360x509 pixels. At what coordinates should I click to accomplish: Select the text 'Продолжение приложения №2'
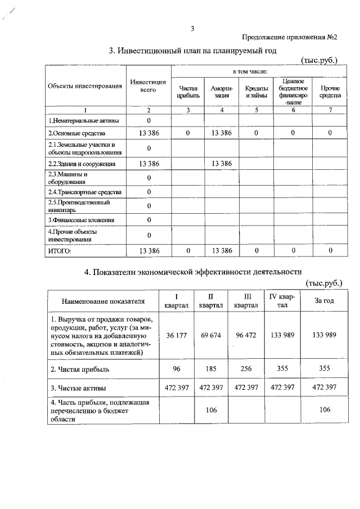click(x=289, y=38)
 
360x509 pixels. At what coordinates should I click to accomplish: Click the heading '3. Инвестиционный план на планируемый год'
click(x=193, y=51)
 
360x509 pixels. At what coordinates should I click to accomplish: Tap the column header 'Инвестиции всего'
click(x=148, y=86)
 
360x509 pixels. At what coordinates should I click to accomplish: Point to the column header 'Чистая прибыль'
click(x=188, y=92)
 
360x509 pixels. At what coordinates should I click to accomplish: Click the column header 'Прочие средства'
click(x=329, y=92)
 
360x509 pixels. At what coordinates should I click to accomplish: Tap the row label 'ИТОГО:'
click(x=60, y=250)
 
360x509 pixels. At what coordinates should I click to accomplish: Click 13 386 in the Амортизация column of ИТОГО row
click(x=222, y=250)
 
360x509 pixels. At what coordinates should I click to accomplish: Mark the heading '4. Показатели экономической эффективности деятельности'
click(x=193, y=272)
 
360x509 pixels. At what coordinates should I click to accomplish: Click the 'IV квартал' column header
click(x=282, y=300)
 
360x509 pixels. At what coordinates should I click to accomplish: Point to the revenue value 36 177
click(x=178, y=335)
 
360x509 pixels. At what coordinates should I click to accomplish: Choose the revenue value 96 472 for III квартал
click(x=246, y=335)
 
